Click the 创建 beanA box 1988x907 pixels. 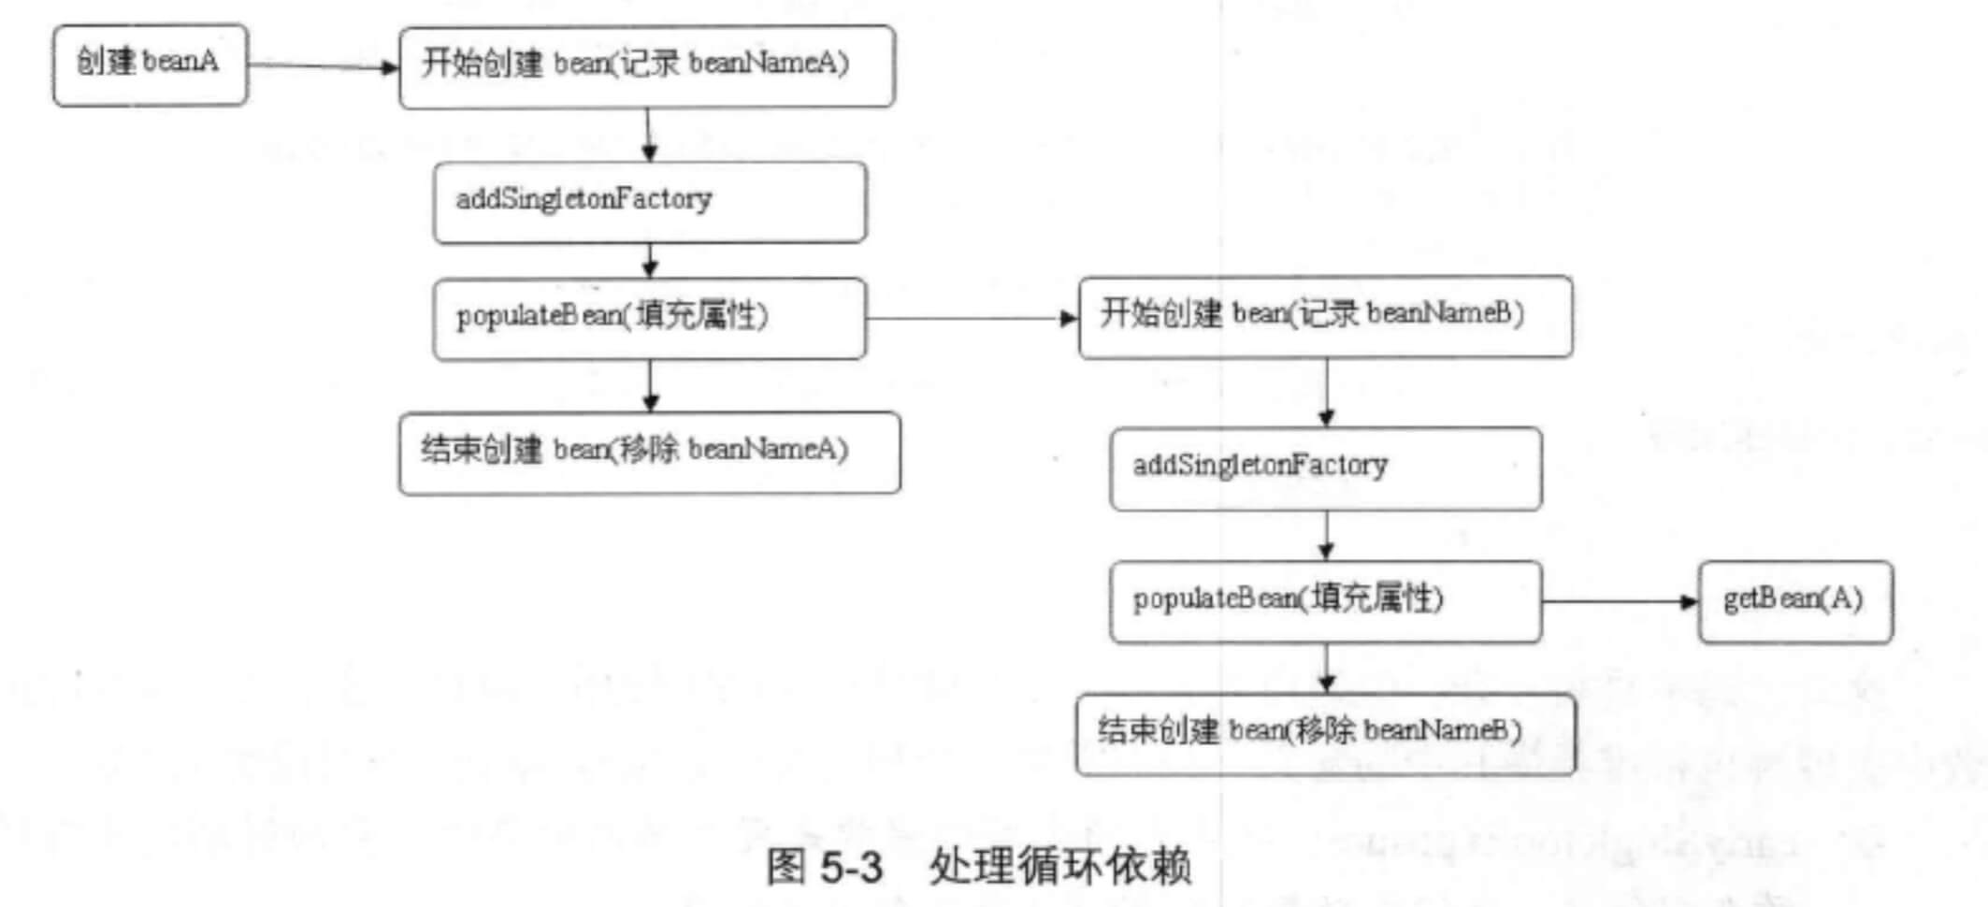(x=150, y=65)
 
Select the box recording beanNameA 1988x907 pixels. (x=646, y=65)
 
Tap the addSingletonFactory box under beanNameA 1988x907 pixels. (x=649, y=202)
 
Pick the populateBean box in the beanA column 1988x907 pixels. (x=649, y=318)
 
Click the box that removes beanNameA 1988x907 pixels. (x=649, y=453)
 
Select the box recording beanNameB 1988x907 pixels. (x=1325, y=316)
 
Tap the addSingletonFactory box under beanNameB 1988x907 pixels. (x=1325, y=468)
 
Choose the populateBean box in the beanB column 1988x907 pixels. (x=1325, y=601)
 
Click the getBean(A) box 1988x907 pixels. (x=1794, y=601)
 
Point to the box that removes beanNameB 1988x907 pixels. (x=1325, y=734)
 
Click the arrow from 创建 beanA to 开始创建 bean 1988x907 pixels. (x=323, y=66)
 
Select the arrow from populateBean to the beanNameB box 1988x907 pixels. (x=972, y=318)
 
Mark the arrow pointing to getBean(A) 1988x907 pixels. (x=1619, y=601)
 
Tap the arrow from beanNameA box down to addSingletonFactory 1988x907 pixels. (x=649, y=135)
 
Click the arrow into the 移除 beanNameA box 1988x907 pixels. (x=651, y=385)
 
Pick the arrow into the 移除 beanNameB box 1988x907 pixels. (x=1326, y=669)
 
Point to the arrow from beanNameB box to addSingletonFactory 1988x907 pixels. (x=1326, y=393)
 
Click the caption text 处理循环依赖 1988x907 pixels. (x=1059, y=866)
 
